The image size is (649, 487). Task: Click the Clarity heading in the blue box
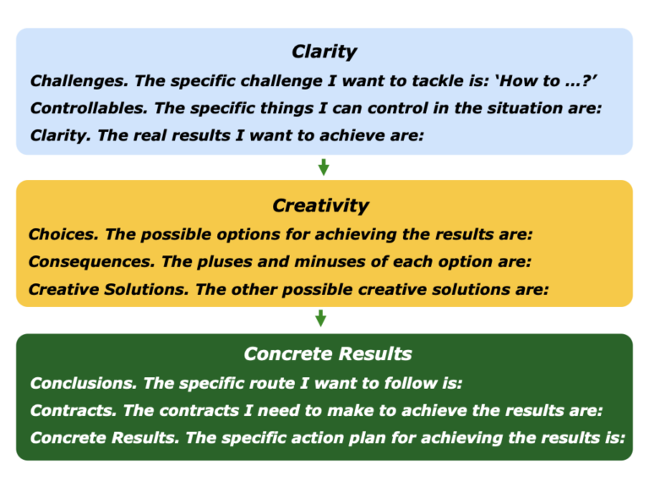[324, 52]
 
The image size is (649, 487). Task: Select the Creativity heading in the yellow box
[320, 205]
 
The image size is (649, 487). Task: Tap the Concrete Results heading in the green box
[327, 353]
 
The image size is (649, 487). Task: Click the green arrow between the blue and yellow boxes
[323, 167]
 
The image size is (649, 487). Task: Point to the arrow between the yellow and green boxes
[320, 319]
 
